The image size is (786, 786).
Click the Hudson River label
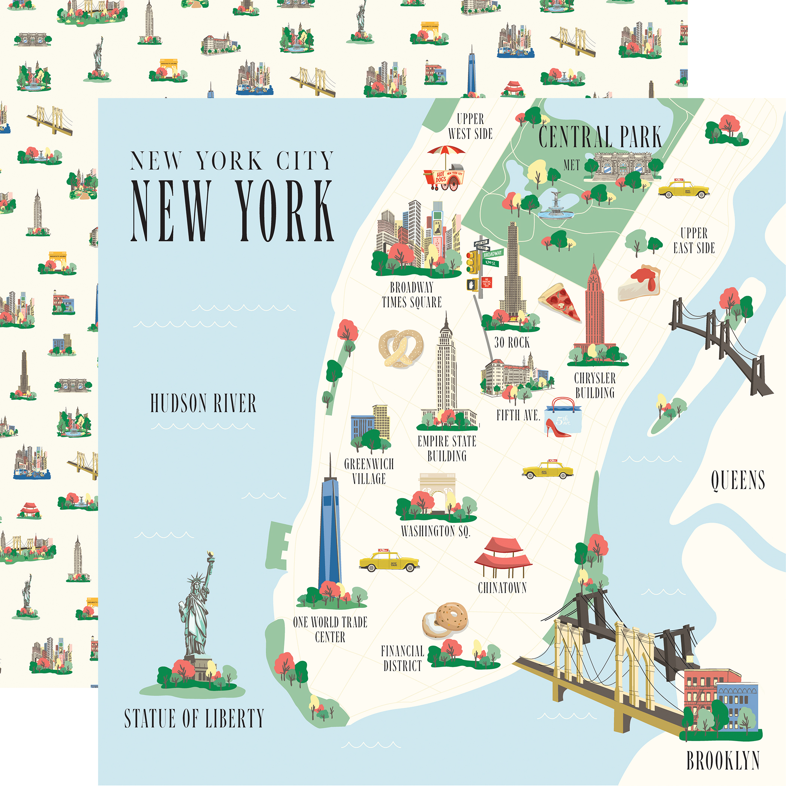tap(203, 403)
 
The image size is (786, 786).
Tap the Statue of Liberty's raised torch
tap(210, 555)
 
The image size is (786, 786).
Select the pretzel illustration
tap(401, 348)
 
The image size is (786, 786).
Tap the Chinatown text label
tap(502, 588)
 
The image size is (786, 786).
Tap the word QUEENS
tap(738, 480)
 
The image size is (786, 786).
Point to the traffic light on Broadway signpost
tap(472, 262)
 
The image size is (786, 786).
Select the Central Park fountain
tap(555, 206)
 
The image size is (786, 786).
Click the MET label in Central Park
tap(571, 165)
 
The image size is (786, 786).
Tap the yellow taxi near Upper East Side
tap(683, 189)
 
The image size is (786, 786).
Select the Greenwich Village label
tap(369, 471)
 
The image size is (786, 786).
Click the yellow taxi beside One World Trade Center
tap(389, 561)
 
